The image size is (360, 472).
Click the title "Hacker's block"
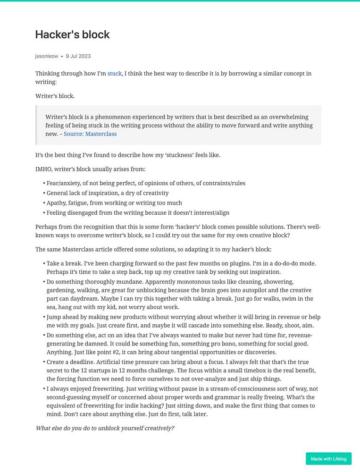click(x=72, y=34)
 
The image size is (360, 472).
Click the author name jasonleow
click(x=47, y=56)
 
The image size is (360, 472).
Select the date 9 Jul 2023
click(x=78, y=56)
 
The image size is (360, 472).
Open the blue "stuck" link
click(x=115, y=74)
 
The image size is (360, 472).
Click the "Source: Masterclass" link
click(x=90, y=134)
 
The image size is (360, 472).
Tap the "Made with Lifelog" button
click(x=328, y=459)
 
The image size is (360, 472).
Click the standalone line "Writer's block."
click(x=55, y=96)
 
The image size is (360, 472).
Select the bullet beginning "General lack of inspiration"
click(x=108, y=193)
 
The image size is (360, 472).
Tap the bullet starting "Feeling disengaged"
click(x=138, y=213)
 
